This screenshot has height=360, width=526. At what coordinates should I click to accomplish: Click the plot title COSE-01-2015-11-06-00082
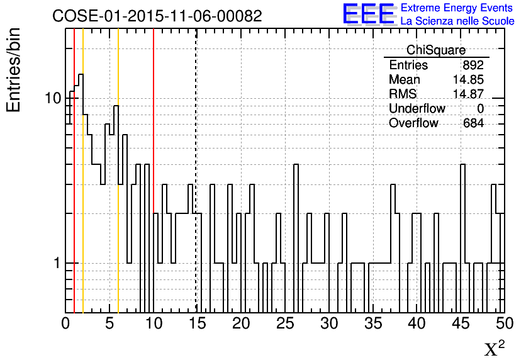(157, 16)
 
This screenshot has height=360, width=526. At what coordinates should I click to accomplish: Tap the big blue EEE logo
(369, 14)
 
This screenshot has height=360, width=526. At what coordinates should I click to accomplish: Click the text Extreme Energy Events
(457, 8)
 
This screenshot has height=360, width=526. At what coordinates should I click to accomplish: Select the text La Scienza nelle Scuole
(457, 21)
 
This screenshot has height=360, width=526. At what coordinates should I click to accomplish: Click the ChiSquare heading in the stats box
(436, 50)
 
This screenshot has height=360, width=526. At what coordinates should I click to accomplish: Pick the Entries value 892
(473, 65)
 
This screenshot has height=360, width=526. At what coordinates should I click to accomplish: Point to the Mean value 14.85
(468, 80)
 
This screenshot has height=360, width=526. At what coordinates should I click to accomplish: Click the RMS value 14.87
(468, 94)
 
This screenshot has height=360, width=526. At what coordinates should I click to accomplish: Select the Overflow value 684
(473, 123)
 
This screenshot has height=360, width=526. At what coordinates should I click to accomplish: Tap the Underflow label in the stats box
(417, 109)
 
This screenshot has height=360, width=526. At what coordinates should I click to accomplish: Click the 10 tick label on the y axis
(53, 99)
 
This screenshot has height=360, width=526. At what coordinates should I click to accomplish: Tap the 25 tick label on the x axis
(286, 323)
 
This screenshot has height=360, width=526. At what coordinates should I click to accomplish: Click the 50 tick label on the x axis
(503, 323)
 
